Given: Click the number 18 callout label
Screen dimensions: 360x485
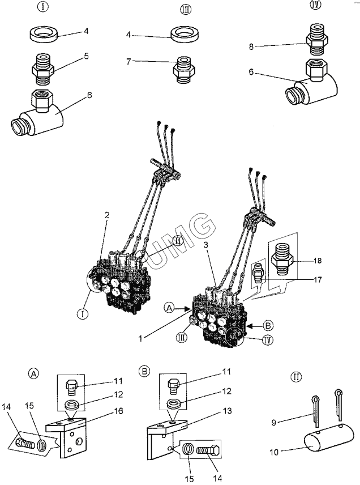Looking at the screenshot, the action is (x=318, y=261).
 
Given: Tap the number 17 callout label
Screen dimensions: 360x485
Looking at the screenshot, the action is (x=318, y=280).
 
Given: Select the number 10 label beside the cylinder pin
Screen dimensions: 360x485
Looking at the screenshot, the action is (x=274, y=452).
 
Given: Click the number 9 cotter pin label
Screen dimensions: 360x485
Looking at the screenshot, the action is (x=273, y=422).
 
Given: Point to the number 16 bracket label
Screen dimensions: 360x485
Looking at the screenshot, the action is (x=119, y=411).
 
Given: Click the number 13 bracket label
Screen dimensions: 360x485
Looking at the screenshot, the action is (x=227, y=411).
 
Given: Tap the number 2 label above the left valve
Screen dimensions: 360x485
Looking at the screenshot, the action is (x=107, y=215).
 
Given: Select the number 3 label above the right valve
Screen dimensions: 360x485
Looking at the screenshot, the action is (x=206, y=245).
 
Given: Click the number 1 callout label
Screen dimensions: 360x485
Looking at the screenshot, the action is (x=140, y=338).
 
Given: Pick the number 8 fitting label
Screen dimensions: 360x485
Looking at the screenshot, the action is (x=251, y=46).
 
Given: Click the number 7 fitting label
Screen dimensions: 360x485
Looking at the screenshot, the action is (x=128, y=61).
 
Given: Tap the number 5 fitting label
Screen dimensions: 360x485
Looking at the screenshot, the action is (x=86, y=56).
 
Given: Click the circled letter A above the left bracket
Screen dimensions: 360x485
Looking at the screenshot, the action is (x=33, y=373).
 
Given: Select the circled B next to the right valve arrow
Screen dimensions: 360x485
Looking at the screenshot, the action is (x=268, y=325).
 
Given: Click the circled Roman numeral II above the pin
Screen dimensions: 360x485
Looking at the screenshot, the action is (x=297, y=377).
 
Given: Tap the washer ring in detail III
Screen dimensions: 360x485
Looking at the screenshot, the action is (x=185, y=33).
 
